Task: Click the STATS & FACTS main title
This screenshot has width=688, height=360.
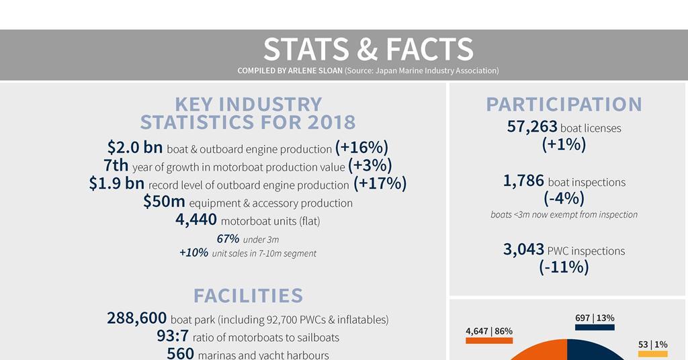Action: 368,48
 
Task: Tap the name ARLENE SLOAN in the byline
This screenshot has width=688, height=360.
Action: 315,71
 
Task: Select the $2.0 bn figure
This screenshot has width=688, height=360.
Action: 134,147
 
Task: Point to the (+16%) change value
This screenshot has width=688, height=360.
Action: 361,148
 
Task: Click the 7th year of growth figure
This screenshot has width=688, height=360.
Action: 116,165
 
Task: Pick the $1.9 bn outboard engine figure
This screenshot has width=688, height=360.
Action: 117,183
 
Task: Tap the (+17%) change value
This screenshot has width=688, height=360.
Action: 380,184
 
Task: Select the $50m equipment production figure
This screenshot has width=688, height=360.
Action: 164,201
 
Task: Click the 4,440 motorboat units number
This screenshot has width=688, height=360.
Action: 196,219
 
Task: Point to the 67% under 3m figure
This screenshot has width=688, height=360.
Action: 228,238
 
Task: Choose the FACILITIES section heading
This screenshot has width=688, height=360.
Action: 249,296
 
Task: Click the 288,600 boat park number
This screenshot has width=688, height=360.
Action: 136,318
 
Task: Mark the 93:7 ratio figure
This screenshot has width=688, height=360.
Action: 173,336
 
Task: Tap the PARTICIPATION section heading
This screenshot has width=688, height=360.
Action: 564,105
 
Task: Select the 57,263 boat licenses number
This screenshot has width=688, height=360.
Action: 532,127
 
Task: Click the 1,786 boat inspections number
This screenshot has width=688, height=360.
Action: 523,181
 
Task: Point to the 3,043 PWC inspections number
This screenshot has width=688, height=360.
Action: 523,249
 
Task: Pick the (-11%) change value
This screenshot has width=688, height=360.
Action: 564,267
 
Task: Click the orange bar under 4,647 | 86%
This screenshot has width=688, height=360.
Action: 489,341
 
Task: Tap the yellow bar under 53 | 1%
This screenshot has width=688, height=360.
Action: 653,354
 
